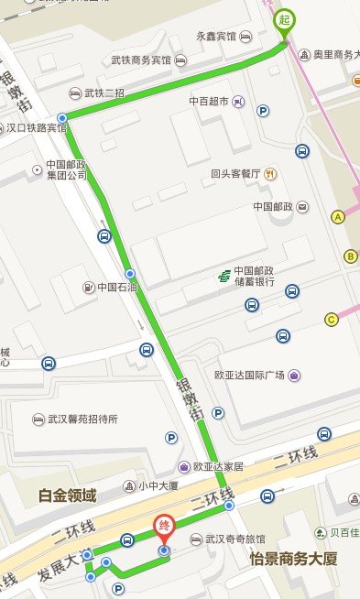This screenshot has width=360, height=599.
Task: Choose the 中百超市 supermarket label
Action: click(x=209, y=101)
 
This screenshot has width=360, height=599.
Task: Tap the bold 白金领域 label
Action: click(x=67, y=496)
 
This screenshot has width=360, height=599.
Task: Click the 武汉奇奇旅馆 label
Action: click(x=234, y=539)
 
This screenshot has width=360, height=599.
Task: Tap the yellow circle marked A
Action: click(x=338, y=217)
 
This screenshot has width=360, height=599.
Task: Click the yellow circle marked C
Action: click(x=332, y=319)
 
